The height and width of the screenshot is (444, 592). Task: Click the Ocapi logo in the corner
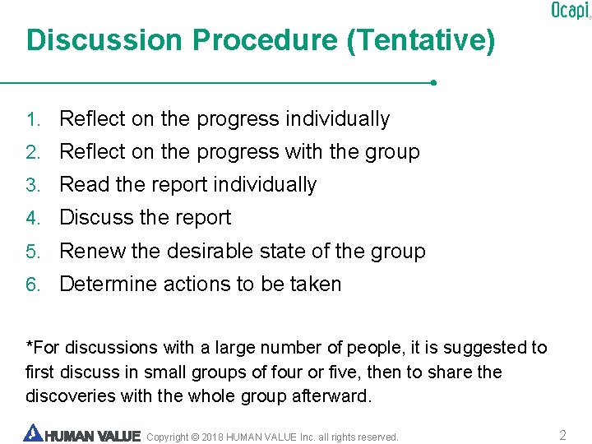pos(570,10)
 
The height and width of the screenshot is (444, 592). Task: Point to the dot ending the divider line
pos(433,82)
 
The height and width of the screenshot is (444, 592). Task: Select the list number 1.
pos(32,119)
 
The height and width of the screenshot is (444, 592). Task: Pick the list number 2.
pos(32,152)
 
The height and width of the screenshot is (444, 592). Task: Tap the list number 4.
pos(32,218)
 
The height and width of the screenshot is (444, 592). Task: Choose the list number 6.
pos(32,284)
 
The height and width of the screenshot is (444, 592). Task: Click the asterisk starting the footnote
pos(30,345)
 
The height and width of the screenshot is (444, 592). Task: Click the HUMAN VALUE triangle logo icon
pos(33,433)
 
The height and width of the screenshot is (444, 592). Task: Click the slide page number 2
pos(562,435)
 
